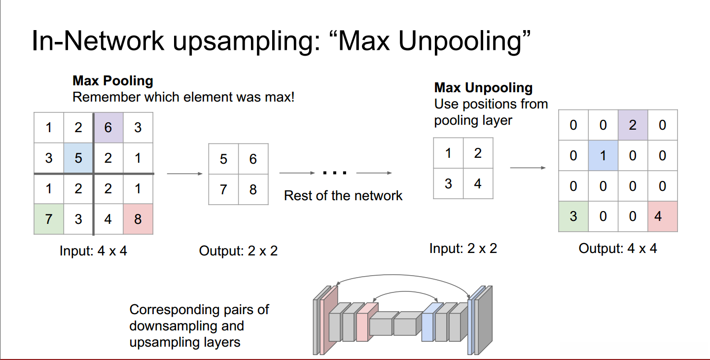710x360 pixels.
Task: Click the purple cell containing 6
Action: coord(108,128)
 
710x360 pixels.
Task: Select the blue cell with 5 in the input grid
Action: coord(78,158)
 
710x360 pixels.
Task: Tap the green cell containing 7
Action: coord(49,219)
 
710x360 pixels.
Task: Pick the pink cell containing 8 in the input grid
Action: coord(138,219)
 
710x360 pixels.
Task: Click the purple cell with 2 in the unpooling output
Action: coord(633,125)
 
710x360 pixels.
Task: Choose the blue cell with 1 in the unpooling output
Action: coord(603,156)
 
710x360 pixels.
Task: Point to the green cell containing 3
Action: coord(573,216)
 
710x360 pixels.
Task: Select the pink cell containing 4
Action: coord(663,216)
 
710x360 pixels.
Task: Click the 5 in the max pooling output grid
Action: coord(223,159)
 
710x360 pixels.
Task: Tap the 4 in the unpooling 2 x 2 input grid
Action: coord(478,184)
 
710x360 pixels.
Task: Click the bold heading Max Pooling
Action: coord(113,81)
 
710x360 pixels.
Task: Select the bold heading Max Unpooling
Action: coord(483,88)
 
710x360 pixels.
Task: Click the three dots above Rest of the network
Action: coord(335,173)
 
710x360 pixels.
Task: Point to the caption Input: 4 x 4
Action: coord(93,251)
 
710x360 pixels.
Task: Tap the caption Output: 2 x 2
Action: coord(238,251)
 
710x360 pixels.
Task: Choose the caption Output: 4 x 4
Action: coord(618,249)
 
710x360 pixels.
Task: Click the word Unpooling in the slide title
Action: coord(460,41)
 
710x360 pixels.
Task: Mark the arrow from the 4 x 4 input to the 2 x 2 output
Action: coord(185,174)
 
